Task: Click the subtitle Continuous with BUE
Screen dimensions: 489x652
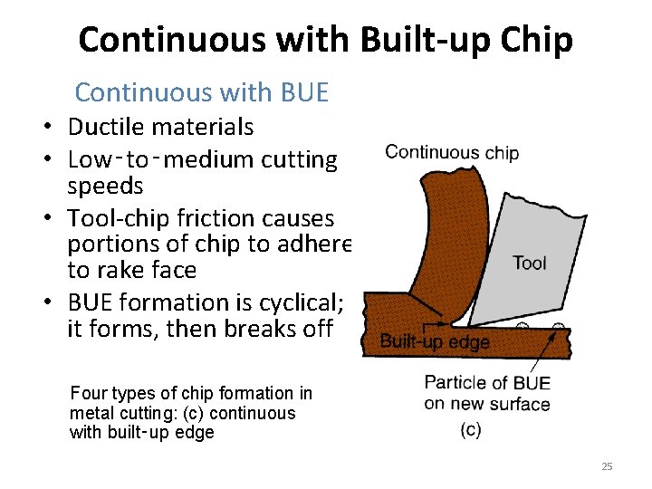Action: pyautogui.click(x=201, y=92)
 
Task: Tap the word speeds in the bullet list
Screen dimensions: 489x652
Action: pyautogui.click(x=105, y=187)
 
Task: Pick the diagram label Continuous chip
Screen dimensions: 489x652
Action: pyautogui.click(x=452, y=152)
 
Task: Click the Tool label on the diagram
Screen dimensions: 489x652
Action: pyautogui.click(x=530, y=263)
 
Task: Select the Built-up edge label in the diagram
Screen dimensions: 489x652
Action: pyautogui.click(x=434, y=342)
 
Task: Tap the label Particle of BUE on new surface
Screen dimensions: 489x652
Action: pyautogui.click(x=487, y=392)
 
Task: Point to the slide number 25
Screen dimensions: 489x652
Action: pyautogui.click(x=607, y=466)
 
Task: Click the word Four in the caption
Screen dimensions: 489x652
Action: pyautogui.click(x=88, y=393)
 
